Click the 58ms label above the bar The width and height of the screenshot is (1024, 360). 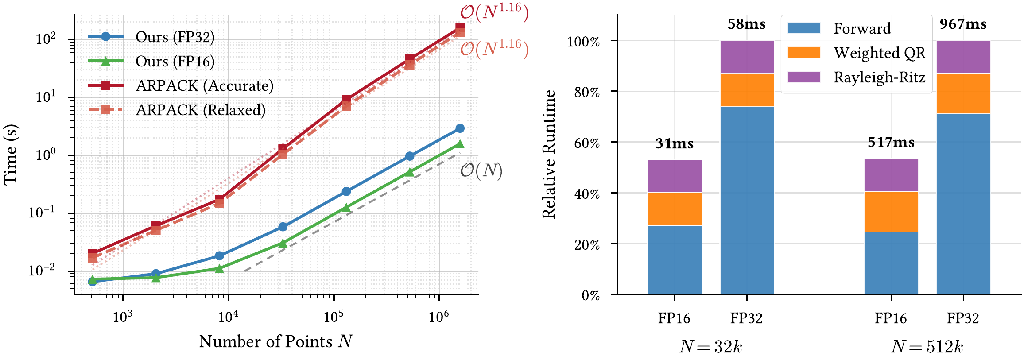747,24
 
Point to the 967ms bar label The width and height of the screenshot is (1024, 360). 963,24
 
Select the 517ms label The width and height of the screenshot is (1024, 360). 891,143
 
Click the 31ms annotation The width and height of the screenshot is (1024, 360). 675,144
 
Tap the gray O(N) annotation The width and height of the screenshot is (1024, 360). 481,171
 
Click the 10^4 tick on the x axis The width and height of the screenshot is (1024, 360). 228,317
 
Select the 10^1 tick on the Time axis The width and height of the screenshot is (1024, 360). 46,97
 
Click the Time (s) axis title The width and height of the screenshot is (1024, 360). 11,155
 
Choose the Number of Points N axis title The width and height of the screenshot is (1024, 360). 276,342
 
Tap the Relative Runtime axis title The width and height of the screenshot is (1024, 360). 549,155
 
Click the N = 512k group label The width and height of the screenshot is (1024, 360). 927,347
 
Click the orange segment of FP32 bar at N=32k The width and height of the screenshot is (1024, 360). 747,90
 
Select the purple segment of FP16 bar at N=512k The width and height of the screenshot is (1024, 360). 891,175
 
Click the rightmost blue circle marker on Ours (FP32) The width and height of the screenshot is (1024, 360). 460,128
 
